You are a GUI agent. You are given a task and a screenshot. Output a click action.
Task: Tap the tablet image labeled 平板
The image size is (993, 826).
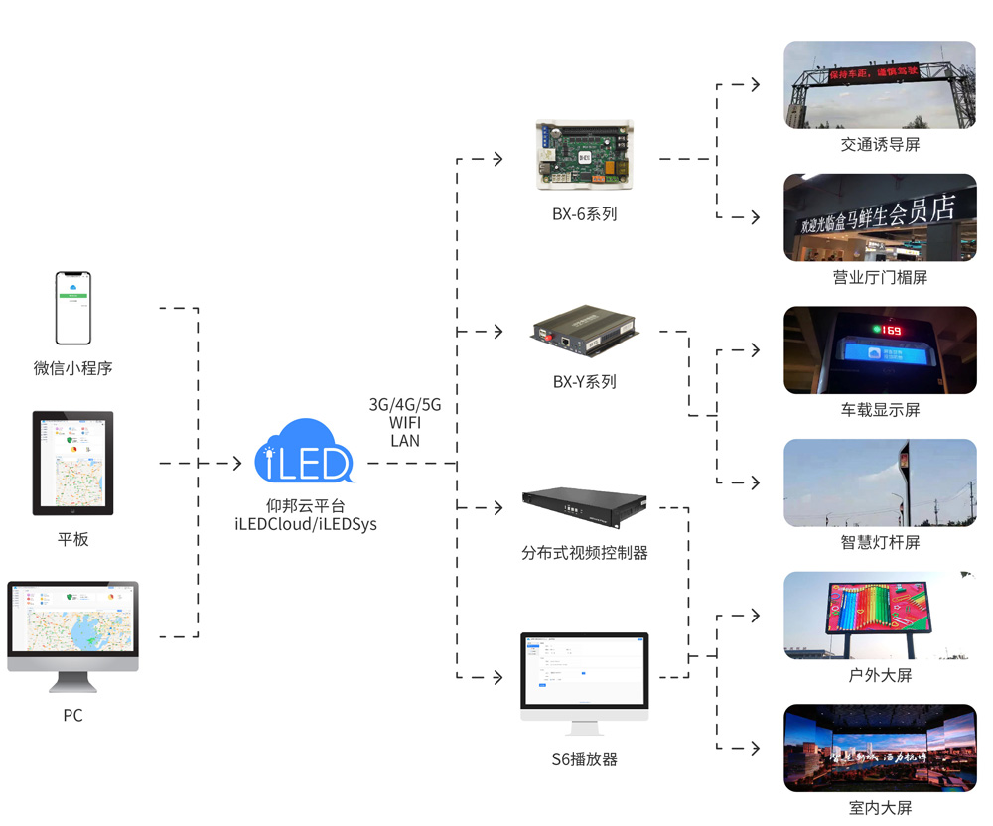pyautogui.click(x=72, y=463)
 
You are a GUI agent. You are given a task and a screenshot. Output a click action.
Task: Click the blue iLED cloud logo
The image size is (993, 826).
pyautogui.click(x=305, y=453)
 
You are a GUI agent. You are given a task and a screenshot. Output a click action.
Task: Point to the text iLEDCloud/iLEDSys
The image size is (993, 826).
pyautogui.click(x=306, y=524)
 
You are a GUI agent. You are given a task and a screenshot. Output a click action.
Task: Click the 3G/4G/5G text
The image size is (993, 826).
pyautogui.click(x=405, y=405)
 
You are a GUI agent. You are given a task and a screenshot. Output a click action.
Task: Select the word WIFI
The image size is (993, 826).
pyautogui.click(x=405, y=423)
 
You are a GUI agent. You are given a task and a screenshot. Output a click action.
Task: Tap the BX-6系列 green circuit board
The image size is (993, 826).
pyautogui.click(x=584, y=156)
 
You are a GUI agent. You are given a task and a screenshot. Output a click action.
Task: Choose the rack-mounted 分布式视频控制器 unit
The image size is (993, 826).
pyautogui.click(x=585, y=507)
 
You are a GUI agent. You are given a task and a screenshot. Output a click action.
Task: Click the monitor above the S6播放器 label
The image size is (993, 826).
pyautogui.click(x=585, y=675)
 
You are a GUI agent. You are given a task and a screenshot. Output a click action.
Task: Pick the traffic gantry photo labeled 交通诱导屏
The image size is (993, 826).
pyautogui.click(x=880, y=84)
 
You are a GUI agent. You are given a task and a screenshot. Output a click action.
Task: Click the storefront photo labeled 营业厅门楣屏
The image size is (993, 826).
pyautogui.click(x=880, y=217)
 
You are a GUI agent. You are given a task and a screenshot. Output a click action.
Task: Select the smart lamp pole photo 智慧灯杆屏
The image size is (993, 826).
pyautogui.click(x=880, y=482)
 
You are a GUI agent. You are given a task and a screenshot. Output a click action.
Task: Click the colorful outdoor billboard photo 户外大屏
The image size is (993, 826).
pyautogui.click(x=880, y=616)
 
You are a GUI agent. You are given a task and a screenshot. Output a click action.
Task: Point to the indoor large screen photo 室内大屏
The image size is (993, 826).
pyautogui.click(x=880, y=748)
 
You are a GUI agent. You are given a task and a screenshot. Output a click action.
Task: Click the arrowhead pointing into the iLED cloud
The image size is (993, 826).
pyautogui.click(x=236, y=464)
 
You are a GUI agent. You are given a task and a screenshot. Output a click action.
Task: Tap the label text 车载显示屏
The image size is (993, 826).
pyautogui.click(x=880, y=410)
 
